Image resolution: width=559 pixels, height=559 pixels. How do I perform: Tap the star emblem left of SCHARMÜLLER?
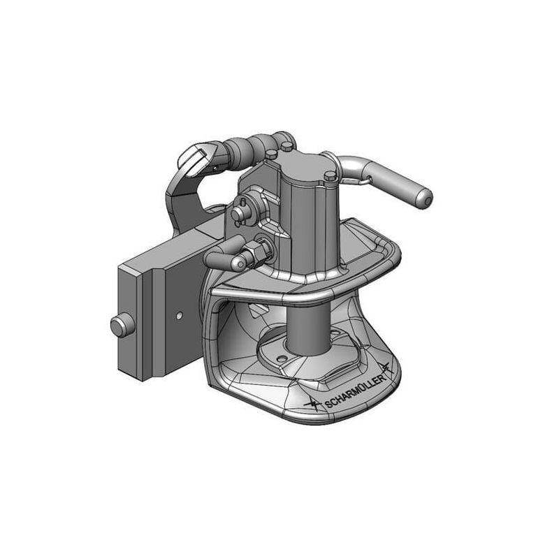pos(312,405)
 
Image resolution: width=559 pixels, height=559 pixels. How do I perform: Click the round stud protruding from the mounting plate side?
pos(122,326)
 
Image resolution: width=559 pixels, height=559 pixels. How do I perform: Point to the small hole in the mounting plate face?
pos(180,315)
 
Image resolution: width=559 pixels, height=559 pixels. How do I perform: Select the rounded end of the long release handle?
pos(426,199)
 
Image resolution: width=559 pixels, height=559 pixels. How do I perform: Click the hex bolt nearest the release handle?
pos(330,175)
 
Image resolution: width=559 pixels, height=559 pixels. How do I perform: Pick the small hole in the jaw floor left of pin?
pos(282,358)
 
